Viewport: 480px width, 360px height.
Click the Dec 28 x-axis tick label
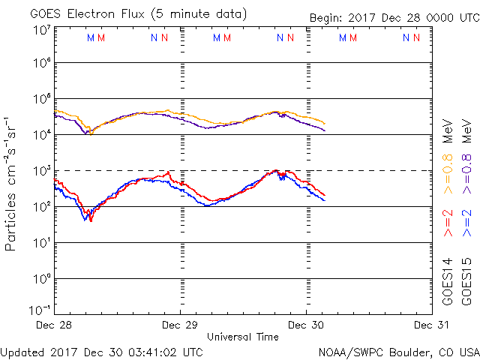click(x=55, y=325)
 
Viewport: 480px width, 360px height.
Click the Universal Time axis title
click(x=243, y=337)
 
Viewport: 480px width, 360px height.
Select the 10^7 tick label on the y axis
click(x=41, y=30)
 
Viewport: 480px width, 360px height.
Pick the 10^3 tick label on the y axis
click(x=41, y=171)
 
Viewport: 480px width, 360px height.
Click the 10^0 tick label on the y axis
click(x=41, y=279)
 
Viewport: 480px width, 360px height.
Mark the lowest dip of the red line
click(x=91, y=220)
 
